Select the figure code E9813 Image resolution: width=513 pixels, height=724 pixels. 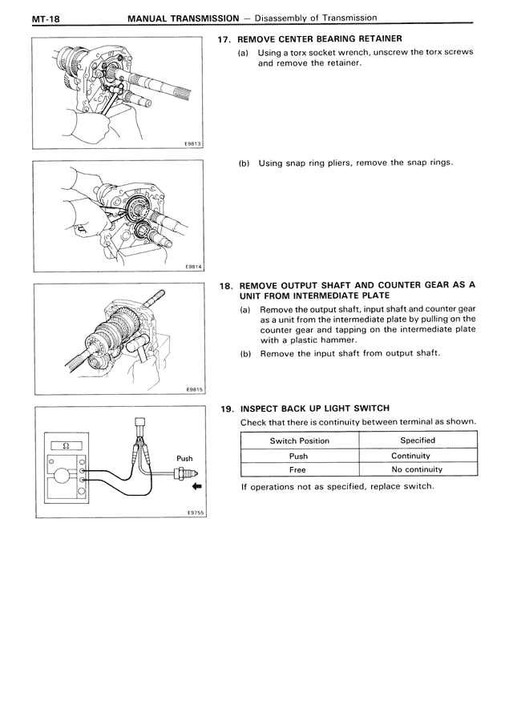pos(193,144)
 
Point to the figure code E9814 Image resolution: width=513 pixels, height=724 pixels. pos(193,267)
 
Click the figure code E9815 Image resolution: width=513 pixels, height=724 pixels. pos(193,390)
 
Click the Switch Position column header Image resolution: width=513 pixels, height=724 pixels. pos(299,440)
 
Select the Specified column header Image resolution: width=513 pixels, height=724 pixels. pos(418,440)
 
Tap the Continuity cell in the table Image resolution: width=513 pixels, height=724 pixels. pos(417,456)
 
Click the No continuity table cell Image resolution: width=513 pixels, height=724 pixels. pos(417,469)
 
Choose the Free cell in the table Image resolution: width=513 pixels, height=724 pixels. pos(298,469)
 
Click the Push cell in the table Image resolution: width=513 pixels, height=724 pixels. pos(298,456)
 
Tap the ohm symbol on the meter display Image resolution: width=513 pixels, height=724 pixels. pos(66,444)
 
